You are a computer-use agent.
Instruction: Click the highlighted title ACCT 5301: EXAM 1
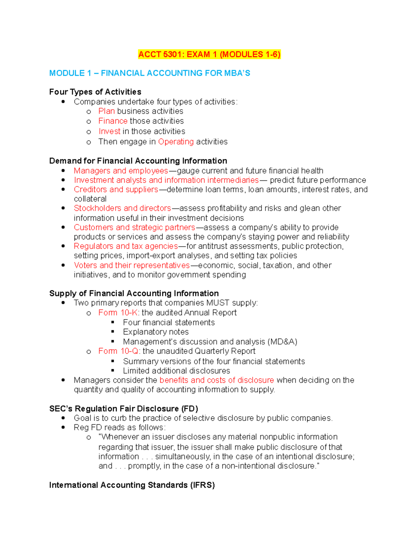coord(209,54)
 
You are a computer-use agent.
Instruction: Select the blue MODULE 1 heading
coord(149,73)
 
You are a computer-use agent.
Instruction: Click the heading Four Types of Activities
coord(95,92)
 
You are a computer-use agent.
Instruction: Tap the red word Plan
coord(106,111)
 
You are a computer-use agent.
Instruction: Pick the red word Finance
coord(113,121)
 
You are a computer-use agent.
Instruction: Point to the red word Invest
coord(109,132)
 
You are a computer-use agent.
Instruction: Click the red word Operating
coord(176,142)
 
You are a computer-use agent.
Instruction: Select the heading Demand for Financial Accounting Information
coord(138,161)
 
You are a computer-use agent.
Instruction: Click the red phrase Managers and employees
coord(121,171)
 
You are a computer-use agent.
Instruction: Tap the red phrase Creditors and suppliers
coord(116,190)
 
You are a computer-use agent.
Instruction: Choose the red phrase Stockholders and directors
coord(122,208)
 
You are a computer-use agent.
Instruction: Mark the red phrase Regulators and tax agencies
coord(126,246)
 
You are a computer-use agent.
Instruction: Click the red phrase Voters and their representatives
coord(132,266)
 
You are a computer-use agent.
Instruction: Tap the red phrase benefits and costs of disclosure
coord(216,380)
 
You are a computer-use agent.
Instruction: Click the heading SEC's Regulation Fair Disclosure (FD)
coord(124,409)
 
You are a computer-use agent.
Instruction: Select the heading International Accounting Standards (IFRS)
coord(132,485)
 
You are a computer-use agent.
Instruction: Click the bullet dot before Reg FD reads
coord(63,428)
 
